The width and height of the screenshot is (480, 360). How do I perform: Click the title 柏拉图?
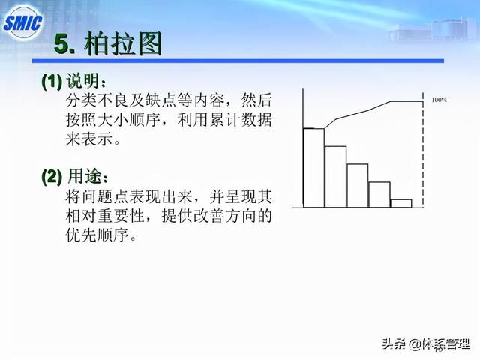click(x=122, y=43)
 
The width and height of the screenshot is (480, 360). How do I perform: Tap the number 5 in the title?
click(x=61, y=45)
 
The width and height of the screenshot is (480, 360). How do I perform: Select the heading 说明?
click(x=82, y=81)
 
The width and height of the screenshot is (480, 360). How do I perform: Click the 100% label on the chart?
click(x=439, y=100)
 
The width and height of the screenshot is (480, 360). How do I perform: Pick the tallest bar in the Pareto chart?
click(x=313, y=168)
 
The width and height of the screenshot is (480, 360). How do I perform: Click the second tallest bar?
click(x=335, y=177)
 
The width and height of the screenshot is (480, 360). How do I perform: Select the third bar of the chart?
click(x=358, y=186)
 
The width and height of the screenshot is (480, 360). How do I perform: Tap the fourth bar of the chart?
click(x=379, y=195)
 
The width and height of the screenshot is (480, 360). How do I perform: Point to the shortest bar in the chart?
click(x=401, y=203)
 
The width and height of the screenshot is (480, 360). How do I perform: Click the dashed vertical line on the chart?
click(x=423, y=150)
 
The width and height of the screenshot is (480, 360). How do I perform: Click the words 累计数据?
click(x=241, y=119)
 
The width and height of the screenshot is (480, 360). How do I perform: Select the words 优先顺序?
click(x=97, y=235)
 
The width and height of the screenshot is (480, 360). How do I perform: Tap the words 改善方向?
click(x=225, y=215)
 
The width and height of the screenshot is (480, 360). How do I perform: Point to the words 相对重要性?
click(x=105, y=215)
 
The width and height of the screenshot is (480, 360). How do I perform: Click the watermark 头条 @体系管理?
click(x=426, y=344)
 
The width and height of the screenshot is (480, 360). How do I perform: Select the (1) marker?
click(x=52, y=81)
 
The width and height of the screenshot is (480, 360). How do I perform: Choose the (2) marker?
click(x=52, y=176)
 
